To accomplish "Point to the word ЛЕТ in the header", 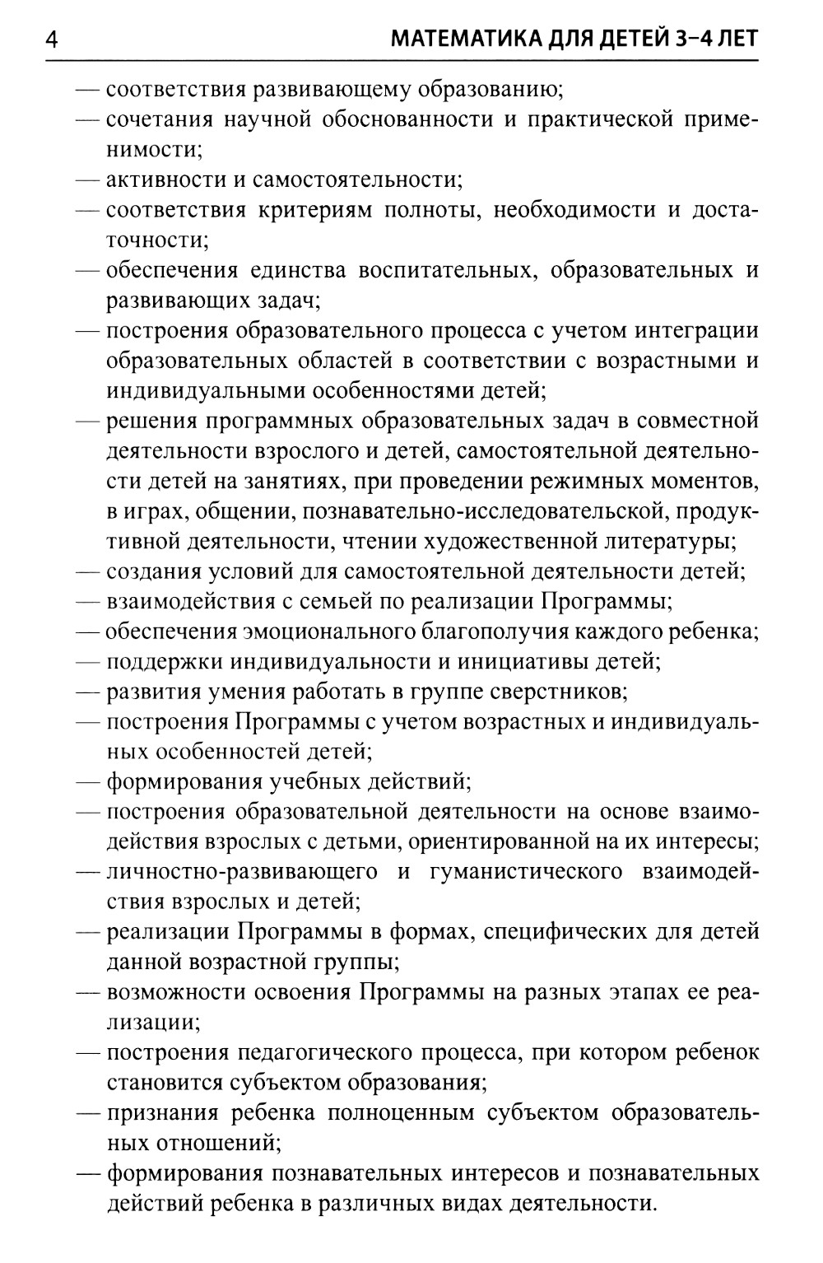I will (x=731, y=40).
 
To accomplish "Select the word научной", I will (x=277, y=119).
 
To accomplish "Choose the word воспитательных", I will (x=446, y=270).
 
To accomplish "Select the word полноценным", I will (x=398, y=1112).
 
